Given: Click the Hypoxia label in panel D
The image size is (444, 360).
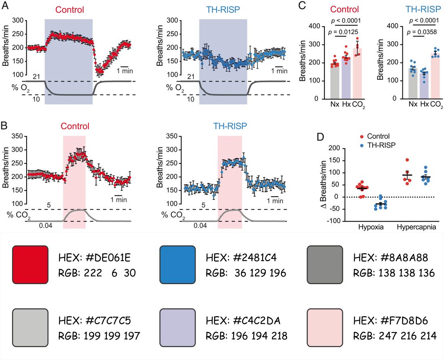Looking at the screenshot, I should (370, 227).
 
